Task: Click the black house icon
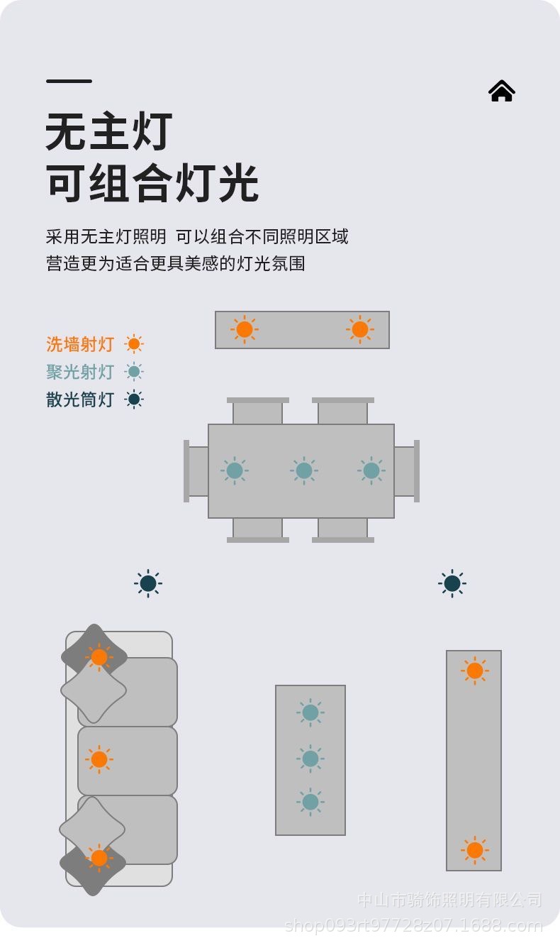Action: (501, 91)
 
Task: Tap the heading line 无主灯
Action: (109, 132)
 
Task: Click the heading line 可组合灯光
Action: (152, 183)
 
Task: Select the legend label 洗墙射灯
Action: (80, 345)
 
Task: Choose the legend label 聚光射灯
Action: (80, 372)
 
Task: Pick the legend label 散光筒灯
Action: (80, 399)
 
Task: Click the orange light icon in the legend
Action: (134, 344)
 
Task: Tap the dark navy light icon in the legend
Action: (134, 399)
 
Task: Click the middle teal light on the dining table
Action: (304, 470)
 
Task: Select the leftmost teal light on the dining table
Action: (235, 470)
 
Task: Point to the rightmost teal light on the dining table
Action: (371, 470)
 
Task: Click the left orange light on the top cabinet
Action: (245, 329)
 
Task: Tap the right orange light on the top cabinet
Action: (360, 329)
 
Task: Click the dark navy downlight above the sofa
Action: (148, 583)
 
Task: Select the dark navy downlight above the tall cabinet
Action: (452, 583)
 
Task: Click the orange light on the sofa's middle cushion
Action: (99, 759)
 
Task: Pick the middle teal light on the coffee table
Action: (310, 759)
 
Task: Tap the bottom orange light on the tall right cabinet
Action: (475, 850)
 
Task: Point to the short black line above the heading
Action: (69, 81)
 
